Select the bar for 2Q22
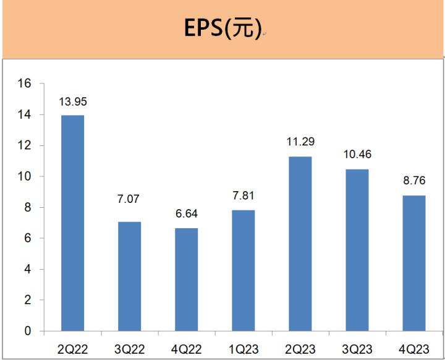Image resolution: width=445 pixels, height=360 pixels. coord(72,223)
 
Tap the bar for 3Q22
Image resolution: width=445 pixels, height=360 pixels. coord(129,276)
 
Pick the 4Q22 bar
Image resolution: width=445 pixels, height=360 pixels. coord(186,280)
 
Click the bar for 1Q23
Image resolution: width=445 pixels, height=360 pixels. coord(243,270)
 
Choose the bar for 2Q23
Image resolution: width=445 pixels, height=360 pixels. coord(300,244)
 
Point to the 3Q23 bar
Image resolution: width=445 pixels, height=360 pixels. coord(357,250)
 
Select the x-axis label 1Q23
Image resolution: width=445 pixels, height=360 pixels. coord(243,349)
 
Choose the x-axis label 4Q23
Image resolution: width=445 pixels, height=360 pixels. coord(413,349)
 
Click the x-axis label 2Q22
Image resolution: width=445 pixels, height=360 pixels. coord(72,349)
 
